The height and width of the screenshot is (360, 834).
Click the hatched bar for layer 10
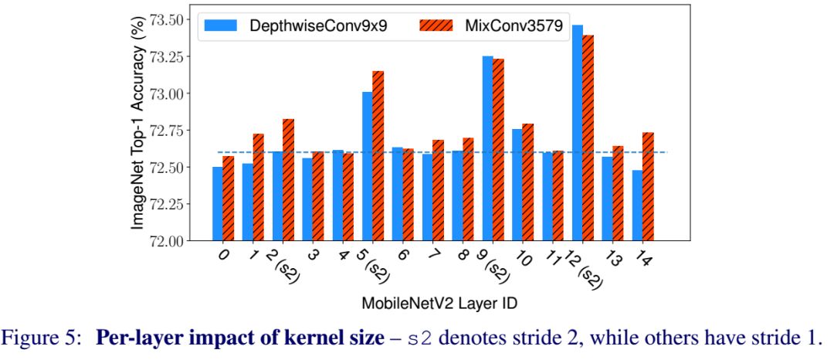point(528,182)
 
